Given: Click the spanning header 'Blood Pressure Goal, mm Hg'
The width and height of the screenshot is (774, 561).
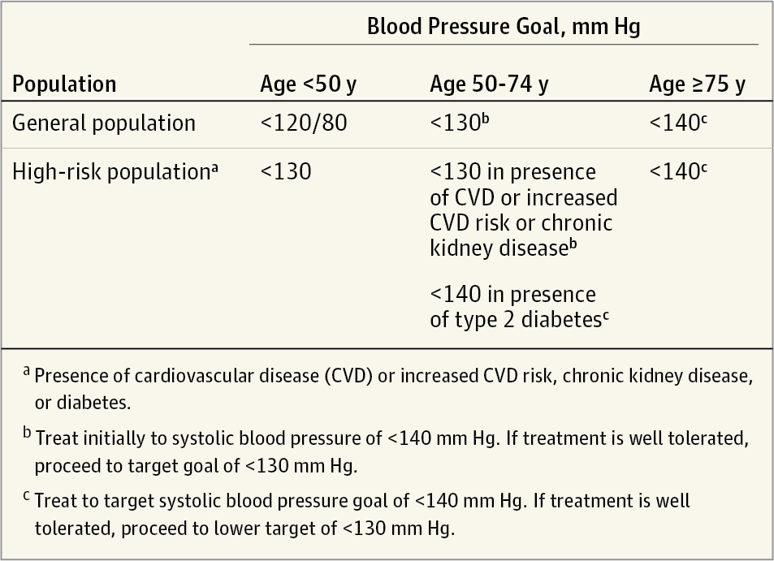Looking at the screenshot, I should click(504, 26).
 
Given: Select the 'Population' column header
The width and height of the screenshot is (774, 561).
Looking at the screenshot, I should click(64, 84).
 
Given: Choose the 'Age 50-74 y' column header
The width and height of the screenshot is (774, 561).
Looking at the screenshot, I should click(488, 84).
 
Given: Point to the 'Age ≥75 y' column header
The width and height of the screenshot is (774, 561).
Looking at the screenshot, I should click(697, 84).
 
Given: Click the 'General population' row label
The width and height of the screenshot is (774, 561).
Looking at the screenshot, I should click(104, 123).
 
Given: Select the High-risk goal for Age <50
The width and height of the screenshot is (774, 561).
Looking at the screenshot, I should click(285, 172).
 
